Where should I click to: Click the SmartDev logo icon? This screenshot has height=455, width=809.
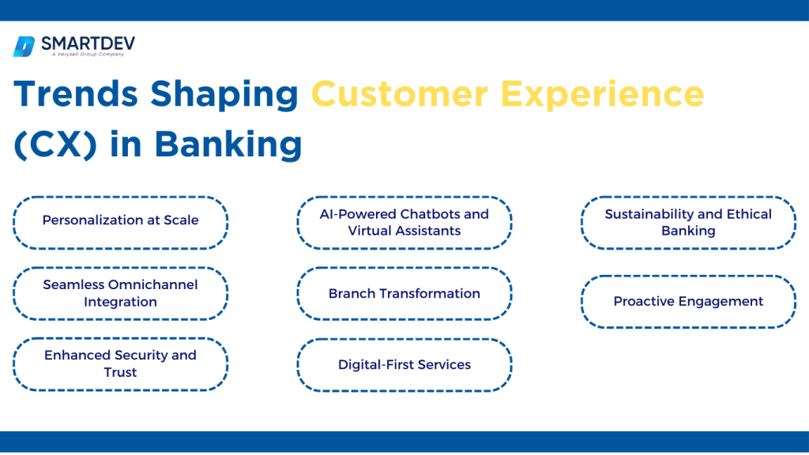click(x=24, y=47)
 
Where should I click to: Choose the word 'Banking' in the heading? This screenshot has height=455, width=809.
click(x=229, y=144)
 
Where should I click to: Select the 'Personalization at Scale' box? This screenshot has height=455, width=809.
click(x=120, y=223)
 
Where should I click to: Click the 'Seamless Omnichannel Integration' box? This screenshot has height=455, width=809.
click(x=120, y=293)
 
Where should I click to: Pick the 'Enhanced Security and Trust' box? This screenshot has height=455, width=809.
click(x=120, y=364)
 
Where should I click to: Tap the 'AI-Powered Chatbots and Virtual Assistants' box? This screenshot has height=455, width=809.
click(x=404, y=223)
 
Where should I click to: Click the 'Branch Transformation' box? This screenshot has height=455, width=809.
click(x=404, y=293)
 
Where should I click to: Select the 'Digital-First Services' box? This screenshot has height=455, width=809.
click(x=404, y=365)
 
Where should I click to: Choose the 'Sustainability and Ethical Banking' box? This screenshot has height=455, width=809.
click(x=688, y=223)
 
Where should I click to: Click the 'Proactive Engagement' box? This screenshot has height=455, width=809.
click(x=688, y=301)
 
